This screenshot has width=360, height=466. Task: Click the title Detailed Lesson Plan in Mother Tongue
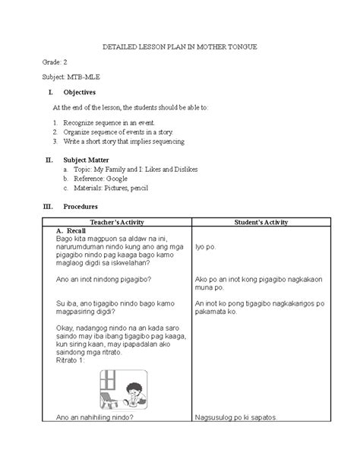[180, 47]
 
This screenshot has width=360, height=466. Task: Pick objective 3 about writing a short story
[123, 141]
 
